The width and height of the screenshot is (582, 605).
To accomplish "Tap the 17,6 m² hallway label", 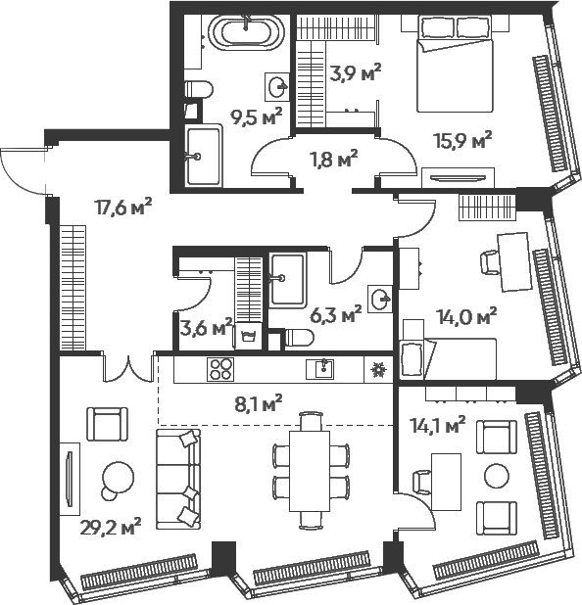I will pyautogui.click(x=122, y=206).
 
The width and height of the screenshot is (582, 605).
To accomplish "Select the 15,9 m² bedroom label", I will pyautogui.click(x=461, y=141).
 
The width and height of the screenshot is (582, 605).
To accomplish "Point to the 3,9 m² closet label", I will pyautogui.click(x=355, y=71).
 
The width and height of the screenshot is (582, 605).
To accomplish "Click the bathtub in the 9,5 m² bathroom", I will pyautogui.click(x=248, y=32).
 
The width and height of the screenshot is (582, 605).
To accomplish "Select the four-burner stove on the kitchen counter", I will pyautogui.click(x=219, y=369).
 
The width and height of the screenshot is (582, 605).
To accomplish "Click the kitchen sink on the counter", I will pyautogui.click(x=320, y=369).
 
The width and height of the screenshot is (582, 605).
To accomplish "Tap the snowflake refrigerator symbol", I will pyautogui.click(x=377, y=370).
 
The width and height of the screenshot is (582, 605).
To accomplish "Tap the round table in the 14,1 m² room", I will pyautogui.click(x=497, y=479).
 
